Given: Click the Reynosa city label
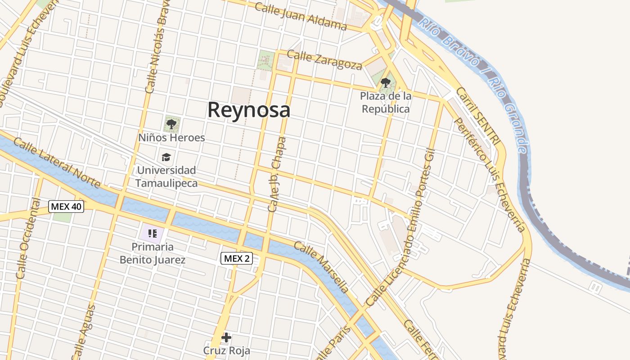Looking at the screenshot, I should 248,110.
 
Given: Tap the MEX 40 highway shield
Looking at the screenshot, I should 67,207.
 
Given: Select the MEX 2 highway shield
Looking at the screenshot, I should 237,258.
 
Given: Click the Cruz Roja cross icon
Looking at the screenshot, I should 226,337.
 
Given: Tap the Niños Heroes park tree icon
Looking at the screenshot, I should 171,124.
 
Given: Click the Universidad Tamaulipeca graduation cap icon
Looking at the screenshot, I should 166,157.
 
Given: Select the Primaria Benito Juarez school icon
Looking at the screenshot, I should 152,233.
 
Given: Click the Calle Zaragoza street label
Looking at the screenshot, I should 324,60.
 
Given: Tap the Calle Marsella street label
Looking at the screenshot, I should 321,267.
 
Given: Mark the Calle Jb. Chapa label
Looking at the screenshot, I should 277,175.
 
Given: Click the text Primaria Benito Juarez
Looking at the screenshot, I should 152,253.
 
